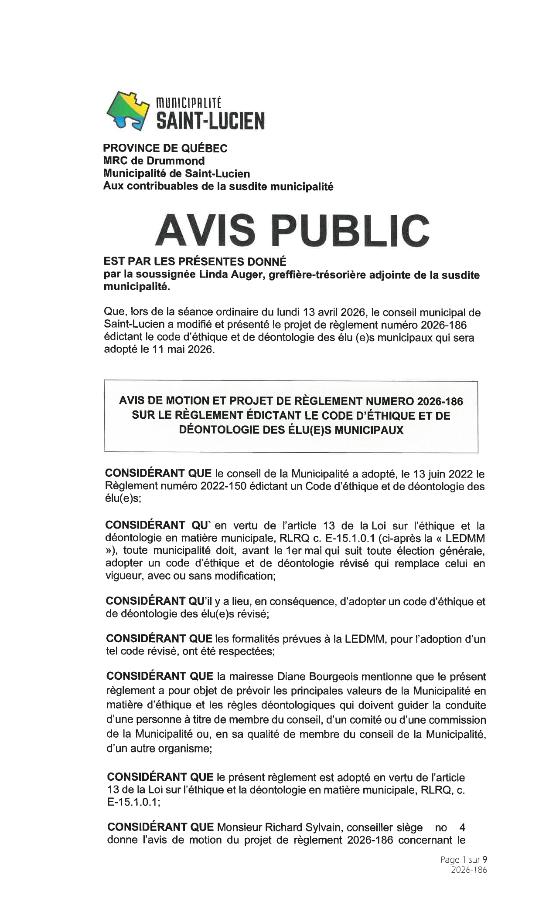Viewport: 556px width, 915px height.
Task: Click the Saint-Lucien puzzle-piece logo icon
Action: (128, 111)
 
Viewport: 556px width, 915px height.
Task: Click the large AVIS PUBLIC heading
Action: (292, 230)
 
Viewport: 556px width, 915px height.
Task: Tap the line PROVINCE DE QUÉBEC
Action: (165, 148)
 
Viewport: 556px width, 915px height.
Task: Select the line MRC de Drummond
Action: (153, 161)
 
